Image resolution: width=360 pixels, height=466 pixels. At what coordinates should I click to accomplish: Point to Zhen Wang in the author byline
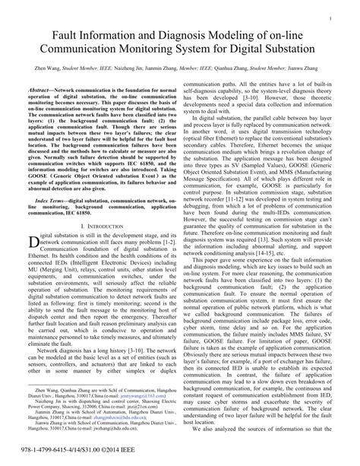[x=38, y=68]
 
